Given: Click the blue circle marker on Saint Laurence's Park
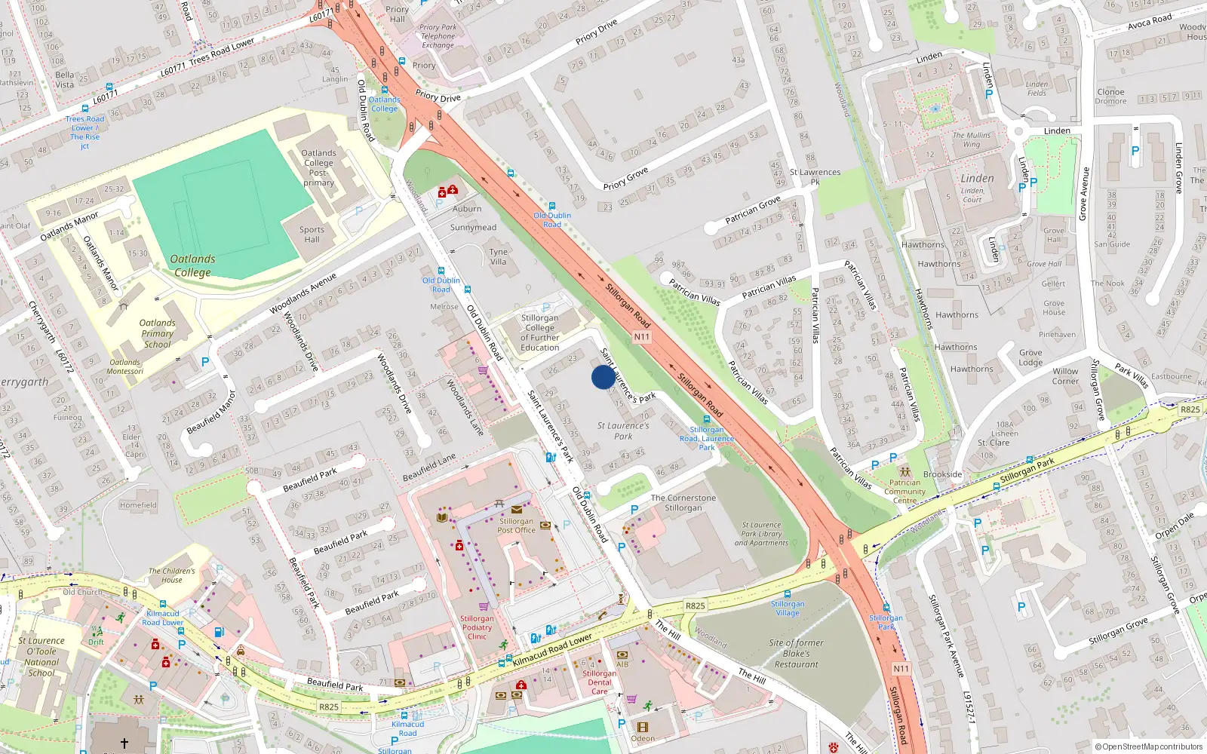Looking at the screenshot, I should (x=603, y=377).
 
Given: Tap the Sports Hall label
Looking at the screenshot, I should (x=312, y=234).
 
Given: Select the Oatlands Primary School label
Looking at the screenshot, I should (x=157, y=333).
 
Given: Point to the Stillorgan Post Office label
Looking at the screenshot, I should (x=516, y=526).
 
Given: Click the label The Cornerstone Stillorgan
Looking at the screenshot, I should (x=683, y=503).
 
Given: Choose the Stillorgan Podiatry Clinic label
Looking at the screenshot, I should (x=477, y=627).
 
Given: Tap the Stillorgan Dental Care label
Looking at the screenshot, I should (x=599, y=682).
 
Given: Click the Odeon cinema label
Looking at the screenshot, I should (x=643, y=738).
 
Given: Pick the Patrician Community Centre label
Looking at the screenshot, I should (x=904, y=492).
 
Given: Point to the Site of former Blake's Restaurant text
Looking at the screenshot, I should (x=797, y=654).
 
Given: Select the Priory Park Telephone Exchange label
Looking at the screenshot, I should (x=438, y=36).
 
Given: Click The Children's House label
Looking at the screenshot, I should (x=171, y=575).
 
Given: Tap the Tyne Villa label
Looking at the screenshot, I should (x=499, y=257).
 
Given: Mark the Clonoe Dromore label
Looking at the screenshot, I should (x=1110, y=97).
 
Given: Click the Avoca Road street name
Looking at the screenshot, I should (x=1150, y=21).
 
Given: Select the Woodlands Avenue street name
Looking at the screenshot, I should (x=303, y=294).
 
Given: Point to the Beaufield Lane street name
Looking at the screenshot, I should (x=429, y=467).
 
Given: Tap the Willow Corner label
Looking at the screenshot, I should (x=1065, y=376).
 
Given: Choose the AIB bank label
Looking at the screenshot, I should (x=622, y=664).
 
